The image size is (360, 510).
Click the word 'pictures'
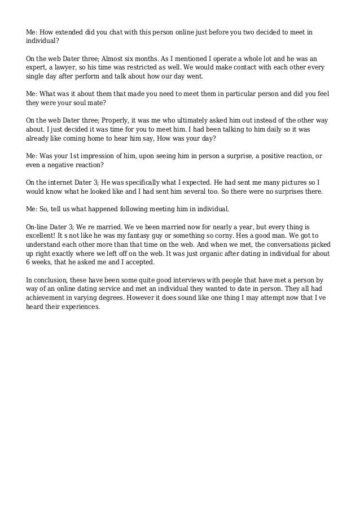click(292, 182)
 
